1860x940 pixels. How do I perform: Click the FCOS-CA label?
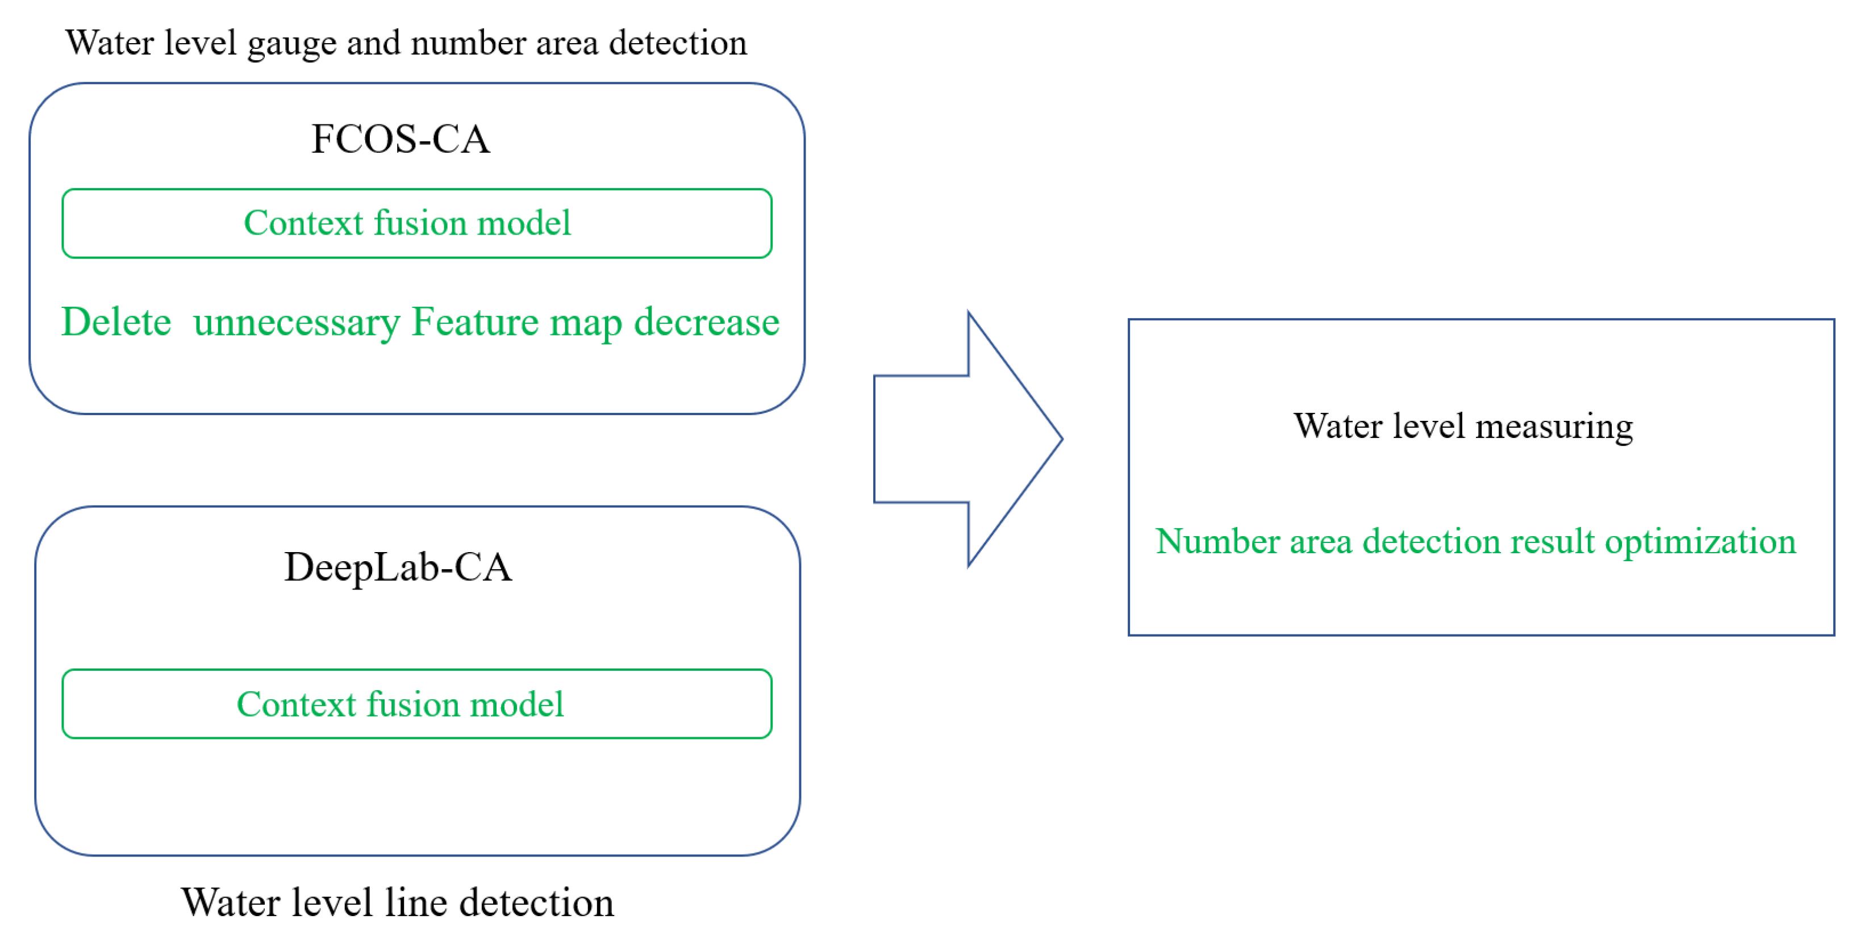(x=401, y=139)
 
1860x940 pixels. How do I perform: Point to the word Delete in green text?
(x=116, y=322)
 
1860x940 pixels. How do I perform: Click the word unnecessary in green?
(x=296, y=323)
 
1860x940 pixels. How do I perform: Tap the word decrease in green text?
(x=706, y=322)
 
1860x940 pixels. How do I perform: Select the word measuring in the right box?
(x=1554, y=427)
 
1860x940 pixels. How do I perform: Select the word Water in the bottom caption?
(x=230, y=903)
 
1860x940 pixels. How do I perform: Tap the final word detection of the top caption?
(x=677, y=43)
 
